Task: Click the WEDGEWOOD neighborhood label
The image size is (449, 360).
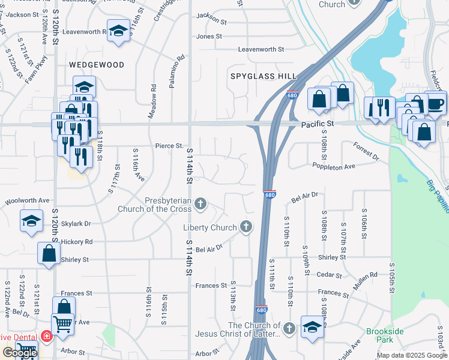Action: tap(96, 65)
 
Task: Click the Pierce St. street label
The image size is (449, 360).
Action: tap(169, 146)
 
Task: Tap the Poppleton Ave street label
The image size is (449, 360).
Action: tap(333, 166)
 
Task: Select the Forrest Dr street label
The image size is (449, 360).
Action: tap(366, 151)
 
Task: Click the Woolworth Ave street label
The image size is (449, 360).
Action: tap(28, 200)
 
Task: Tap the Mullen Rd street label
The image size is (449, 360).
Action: tap(365, 281)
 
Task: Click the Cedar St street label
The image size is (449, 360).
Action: tap(329, 275)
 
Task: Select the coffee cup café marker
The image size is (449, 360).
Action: tap(436, 103)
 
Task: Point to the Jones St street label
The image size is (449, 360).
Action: tap(209, 37)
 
